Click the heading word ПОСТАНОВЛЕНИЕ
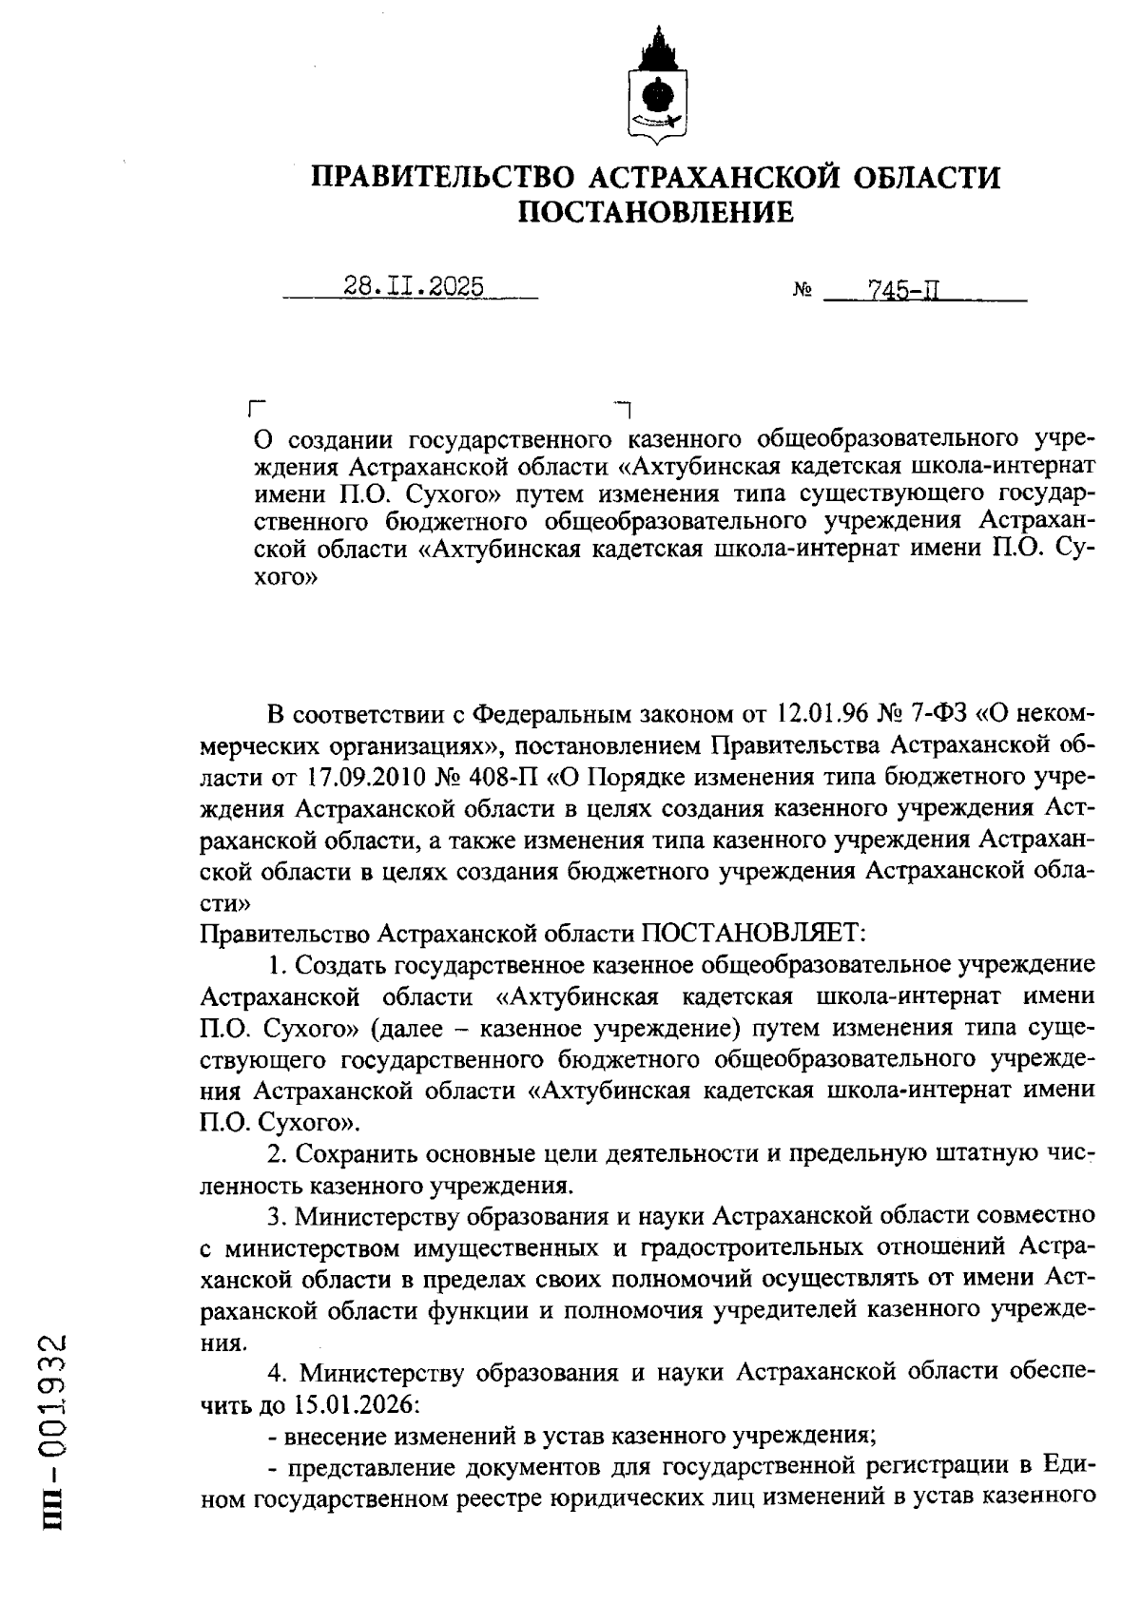click(x=655, y=212)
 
